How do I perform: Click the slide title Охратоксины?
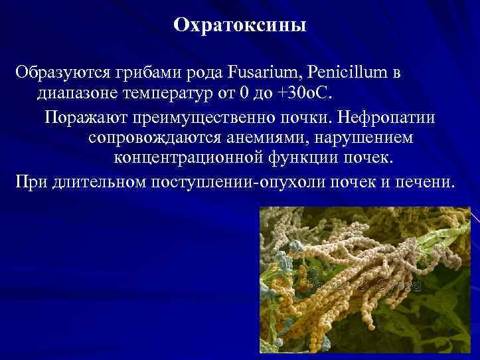[x=240, y=26]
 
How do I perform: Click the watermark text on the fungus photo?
[x=362, y=287]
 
